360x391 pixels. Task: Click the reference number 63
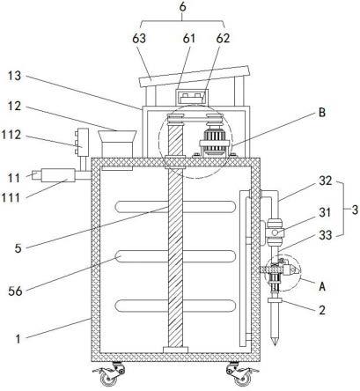tap(139, 38)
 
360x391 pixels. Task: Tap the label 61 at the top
tap(189, 38)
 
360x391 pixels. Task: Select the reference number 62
tap(223, 38)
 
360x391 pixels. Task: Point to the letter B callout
tap(322, 113)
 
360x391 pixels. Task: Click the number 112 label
tap(11, 135)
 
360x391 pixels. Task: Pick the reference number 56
tap(15, 291)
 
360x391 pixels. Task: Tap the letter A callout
tap(322, 286)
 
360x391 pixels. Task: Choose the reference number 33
tap(326, 235)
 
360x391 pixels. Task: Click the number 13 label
tap(14, 76)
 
